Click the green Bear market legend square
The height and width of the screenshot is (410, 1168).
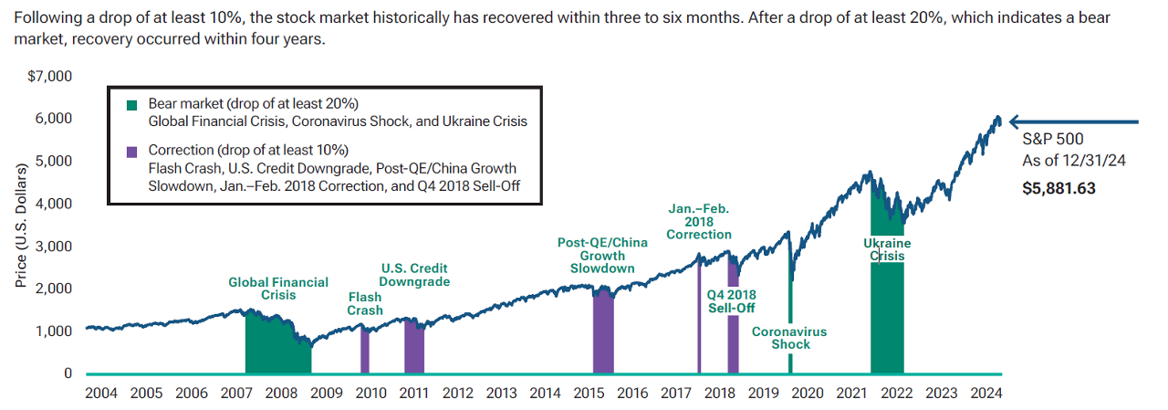[x=132, y=104]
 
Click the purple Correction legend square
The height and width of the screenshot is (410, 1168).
[x=132, y=150]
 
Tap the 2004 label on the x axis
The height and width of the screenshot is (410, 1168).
[x=102, y=394]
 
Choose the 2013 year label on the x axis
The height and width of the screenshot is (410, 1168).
[x=501, y=394]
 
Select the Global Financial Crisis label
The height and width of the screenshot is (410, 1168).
[x=278, y=289]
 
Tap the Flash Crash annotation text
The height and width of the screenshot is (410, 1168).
[x=365, y=304]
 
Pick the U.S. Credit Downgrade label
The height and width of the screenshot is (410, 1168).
[x=415, y=275]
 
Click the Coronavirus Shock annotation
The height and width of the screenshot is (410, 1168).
[x=789, y=338]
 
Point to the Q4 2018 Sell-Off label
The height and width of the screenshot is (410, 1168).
[x=733, y=301]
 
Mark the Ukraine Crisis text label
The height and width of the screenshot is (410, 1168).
[x=887, y=250]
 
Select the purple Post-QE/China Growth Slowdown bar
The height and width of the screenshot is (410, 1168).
[x=603, y=333]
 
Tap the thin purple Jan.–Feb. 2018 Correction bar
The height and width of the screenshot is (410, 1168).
[x=699, y=320]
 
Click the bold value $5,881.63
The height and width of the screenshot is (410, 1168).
[x=1059, y=189]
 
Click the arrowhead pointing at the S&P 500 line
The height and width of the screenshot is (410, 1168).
[x=1013, y=121]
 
